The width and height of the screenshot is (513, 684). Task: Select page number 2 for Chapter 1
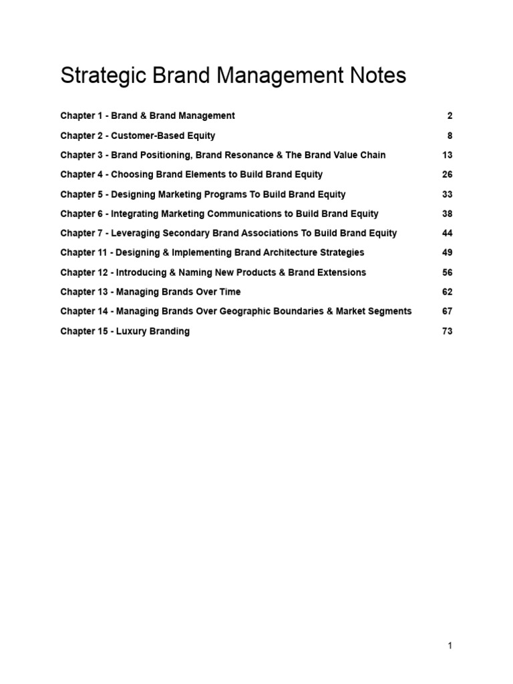(450, 116)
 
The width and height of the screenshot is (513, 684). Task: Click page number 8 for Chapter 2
(450, 136)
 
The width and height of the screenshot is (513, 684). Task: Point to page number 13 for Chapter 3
(448, 155)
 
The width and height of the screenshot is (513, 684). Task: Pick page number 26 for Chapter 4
(448, 174)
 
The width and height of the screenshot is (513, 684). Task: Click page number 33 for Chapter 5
(448, 194)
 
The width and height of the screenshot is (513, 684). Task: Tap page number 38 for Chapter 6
(448, 214)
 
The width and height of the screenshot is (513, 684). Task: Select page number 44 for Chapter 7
(448, 233)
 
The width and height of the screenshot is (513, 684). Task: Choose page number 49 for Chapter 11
(448, 252)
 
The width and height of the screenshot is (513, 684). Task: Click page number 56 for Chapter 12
(448, 273)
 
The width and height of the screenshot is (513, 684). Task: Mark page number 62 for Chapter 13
(448, 292)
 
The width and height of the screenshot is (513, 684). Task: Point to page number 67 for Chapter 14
(448, 311)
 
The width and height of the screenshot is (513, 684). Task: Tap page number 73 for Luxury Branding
(448, 331)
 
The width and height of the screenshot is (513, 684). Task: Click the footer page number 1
(450, 645)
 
